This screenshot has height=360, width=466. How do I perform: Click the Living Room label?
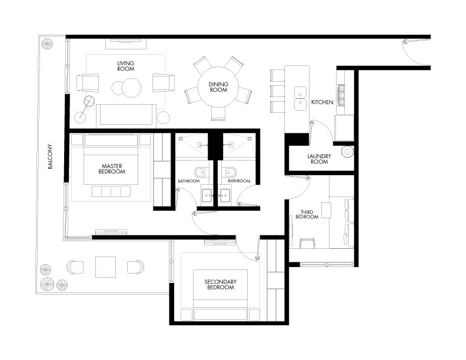[x=126, y=66]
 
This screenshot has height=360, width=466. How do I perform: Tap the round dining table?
[x=218, y=86]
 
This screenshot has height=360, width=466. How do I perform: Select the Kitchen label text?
[x=322, y=102]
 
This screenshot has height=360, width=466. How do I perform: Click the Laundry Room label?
[x=319, y=159]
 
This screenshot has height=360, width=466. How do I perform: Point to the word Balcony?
[x=50, y=156]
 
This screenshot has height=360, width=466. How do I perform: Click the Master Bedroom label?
[x=112, y=169]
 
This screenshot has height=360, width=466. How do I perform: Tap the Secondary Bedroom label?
[x=220, y=284]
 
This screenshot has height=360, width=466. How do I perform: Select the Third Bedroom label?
[x=307, y=215]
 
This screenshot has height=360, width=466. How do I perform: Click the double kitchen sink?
[x=301, y=98]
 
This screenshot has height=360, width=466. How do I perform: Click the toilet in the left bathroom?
[x=200, y=172]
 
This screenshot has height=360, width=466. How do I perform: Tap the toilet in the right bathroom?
[x=230, y=172]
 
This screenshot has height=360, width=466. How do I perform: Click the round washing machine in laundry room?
[x=347, y=152]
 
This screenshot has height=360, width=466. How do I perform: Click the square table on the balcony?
[x=105, y=266]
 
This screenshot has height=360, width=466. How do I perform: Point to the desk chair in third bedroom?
[x=308, y=243]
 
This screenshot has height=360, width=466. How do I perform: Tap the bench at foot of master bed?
[x=111, y=191]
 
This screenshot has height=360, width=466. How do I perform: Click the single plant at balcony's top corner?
[x=47, y=44]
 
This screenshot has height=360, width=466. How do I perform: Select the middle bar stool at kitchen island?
[x=278, y=91]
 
